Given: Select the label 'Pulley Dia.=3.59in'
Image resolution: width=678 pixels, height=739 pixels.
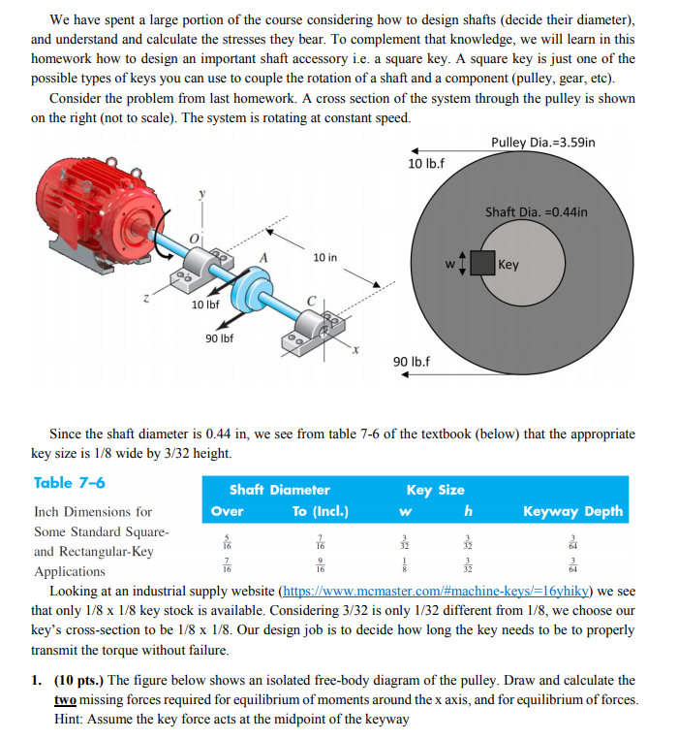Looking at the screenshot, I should [542, 143].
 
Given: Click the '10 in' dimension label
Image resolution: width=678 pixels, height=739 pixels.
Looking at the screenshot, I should [325, 257].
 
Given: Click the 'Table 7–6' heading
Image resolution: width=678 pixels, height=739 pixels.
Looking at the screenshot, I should [70, 483].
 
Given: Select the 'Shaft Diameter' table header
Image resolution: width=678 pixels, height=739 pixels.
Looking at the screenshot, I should [279, 490].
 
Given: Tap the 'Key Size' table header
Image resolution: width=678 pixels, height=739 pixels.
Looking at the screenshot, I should [435, 490].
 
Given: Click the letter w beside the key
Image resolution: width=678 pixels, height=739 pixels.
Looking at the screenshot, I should [447, 263].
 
